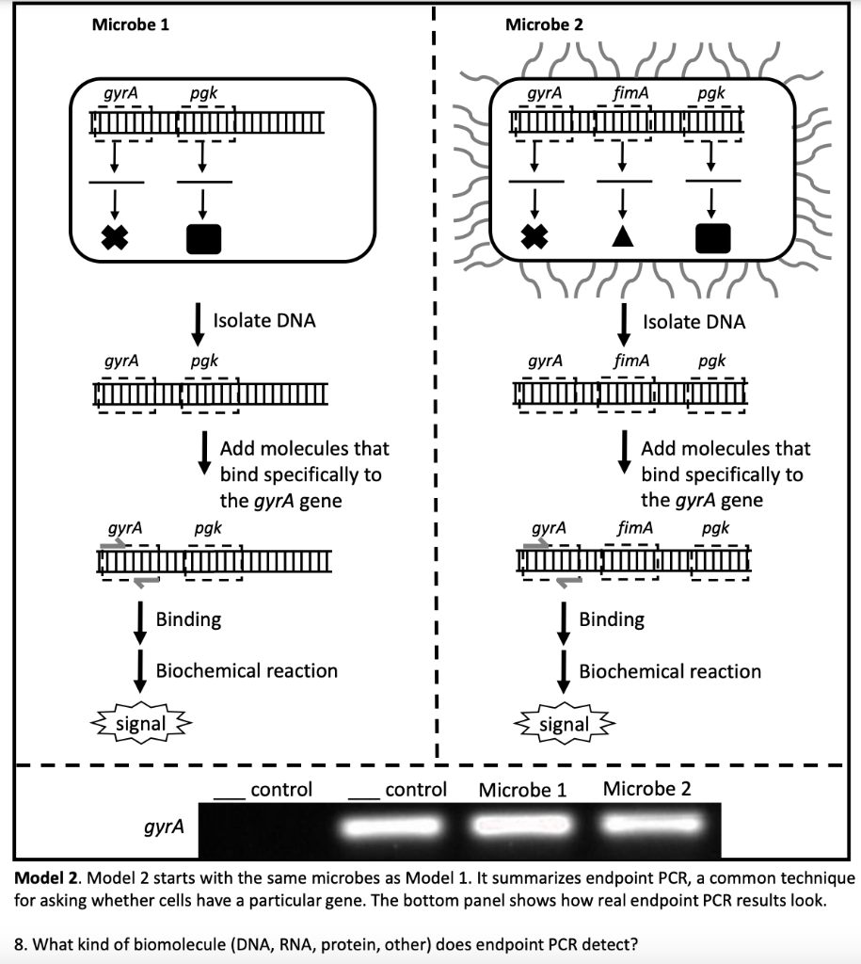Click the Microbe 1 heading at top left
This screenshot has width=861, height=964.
tap(131, 24)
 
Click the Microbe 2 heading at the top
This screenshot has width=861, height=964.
tap(544, 24)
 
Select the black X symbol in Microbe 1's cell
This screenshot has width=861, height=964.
tap(115, 237)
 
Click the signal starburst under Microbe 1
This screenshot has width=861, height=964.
tap(140, 724)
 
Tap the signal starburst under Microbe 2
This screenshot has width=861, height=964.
tap(564, 725)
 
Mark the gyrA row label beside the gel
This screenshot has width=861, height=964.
tap(164, 827)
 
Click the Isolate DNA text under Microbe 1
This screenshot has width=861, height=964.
tap(264, 321)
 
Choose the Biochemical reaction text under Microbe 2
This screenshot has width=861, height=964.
tap(670, 671)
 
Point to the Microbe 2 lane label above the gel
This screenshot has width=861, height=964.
tap(646, 789)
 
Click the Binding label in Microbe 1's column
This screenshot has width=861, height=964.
tap(188, 619)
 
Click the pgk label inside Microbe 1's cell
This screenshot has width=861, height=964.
tap(203, 93)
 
